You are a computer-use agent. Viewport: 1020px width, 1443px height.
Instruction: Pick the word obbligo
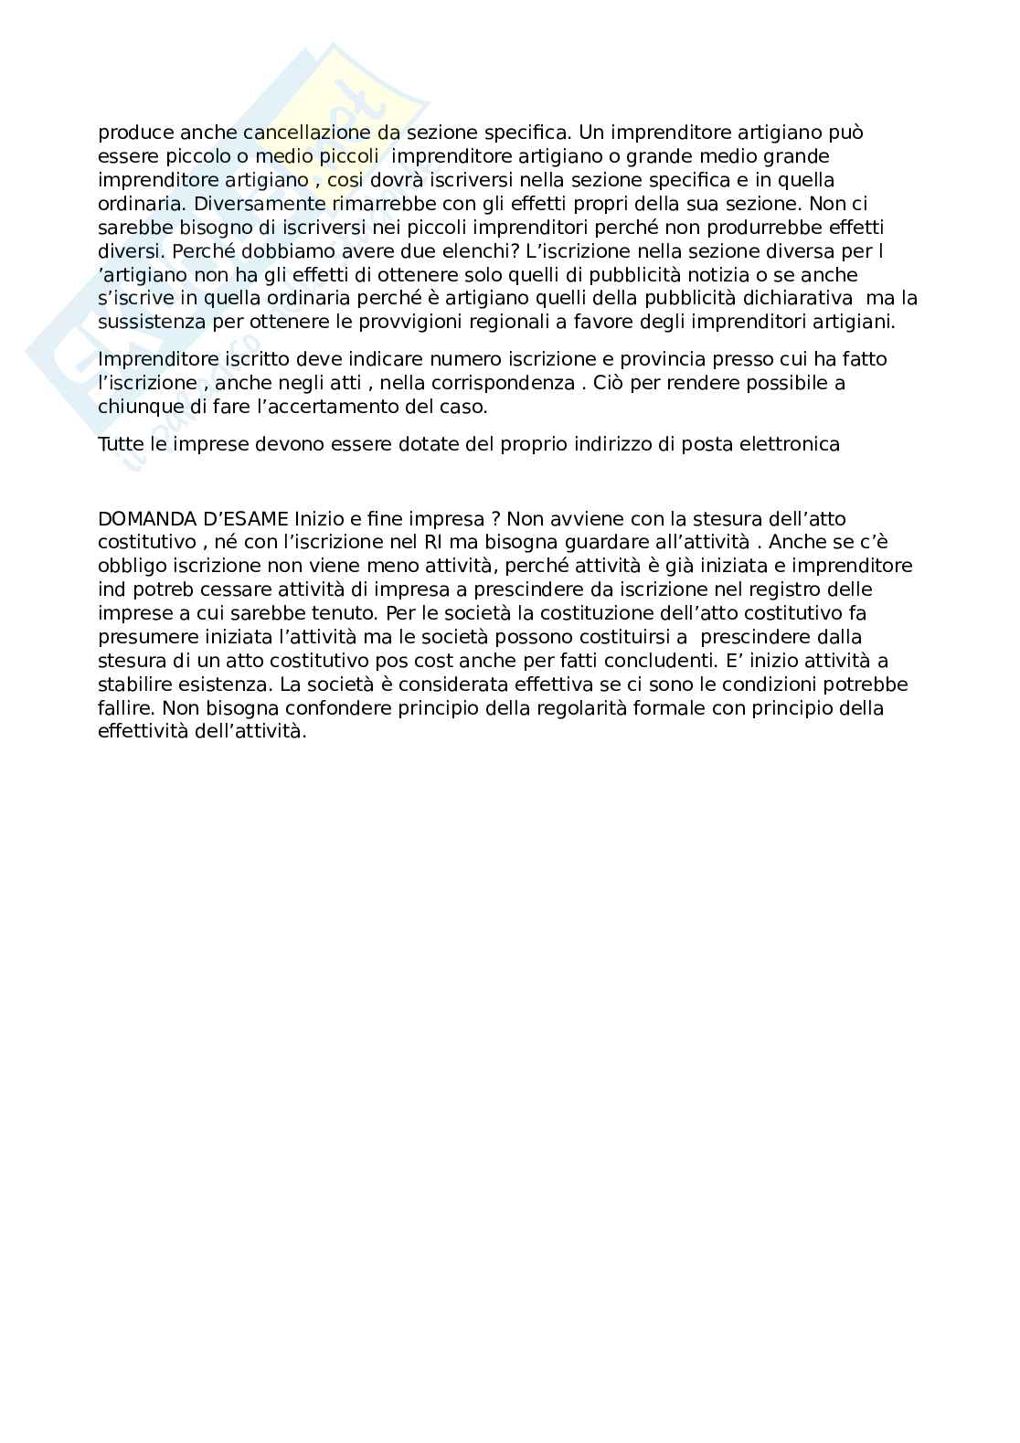[x=131, y=567]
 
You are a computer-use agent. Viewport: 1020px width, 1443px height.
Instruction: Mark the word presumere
[x=143, y=638]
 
